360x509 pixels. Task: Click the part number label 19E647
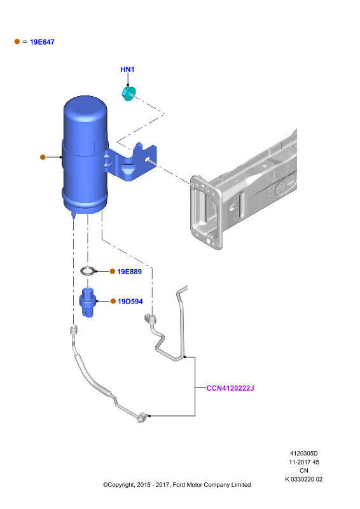(x=42, y=42)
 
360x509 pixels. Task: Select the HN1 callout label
(x=127, y=69)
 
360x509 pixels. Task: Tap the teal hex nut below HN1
(x=128, y=94)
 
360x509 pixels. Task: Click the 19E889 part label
(x=130, y=272)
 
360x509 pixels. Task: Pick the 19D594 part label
(x=130, y=301)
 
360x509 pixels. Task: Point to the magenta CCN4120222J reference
(x=230, y=388)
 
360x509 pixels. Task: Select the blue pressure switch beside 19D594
(x=88, y=303)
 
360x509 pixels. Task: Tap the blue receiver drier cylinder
(x=85, y=155)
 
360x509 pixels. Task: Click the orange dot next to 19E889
(x=113, y=272)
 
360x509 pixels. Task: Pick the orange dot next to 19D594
(x=113, y=301)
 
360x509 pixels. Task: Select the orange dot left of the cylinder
(x=43, y=157)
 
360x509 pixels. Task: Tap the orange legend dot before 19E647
(x=17, y=41)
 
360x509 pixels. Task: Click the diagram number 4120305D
(x=304, y=454)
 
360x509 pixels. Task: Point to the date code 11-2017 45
(x=304, y=462)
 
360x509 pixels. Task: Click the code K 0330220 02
(x=304, y=479)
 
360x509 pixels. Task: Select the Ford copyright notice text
(x=177, y=485)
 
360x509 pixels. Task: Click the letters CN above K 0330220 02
(x=304, y=470)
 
